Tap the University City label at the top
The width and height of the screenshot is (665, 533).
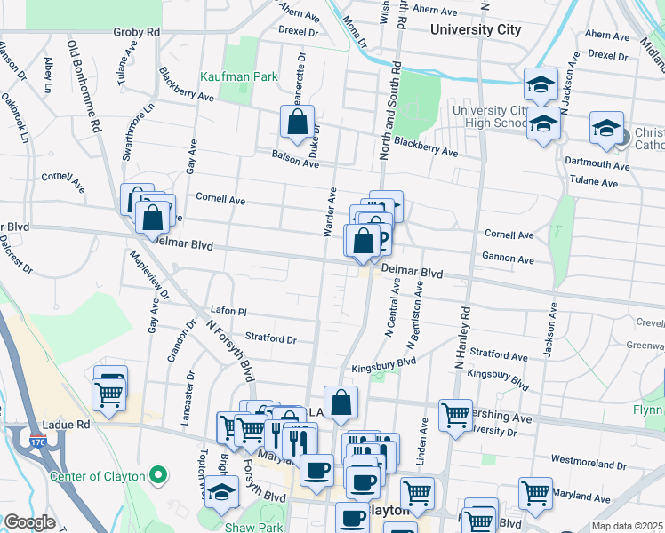tap(474, 29)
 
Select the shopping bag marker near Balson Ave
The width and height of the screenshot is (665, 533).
tap(298, 122)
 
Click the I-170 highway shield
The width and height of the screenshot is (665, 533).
tap(35, 438)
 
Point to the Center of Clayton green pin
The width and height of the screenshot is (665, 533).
tap(159, 476)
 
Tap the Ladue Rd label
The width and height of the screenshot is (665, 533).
tap(67, 425)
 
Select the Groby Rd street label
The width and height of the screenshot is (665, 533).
tap(136, 32)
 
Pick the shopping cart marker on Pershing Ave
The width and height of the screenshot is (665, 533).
tap(454, 414)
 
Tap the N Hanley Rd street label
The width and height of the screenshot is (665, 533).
tap(464, 338)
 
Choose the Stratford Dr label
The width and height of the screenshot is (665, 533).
tap(270, 338)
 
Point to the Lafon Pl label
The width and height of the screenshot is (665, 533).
tap(228, 312)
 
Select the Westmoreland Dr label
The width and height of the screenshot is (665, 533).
tap(587, 463)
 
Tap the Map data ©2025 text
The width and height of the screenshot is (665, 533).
tap(627, 526)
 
